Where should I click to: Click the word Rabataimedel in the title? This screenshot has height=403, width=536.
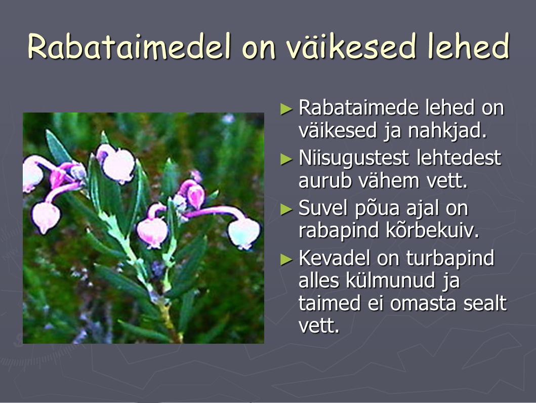tap(130, 46)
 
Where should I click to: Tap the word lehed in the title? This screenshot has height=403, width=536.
tap(468, 46)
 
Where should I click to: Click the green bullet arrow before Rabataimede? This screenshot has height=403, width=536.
tap(286, 109)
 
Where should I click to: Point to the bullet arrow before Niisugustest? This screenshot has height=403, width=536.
tap(286, 159)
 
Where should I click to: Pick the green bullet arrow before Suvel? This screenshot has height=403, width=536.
tap(286, 209)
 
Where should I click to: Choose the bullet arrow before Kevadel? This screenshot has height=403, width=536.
tap(286, 259)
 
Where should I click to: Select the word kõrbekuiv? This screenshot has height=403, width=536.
tap(432, 230)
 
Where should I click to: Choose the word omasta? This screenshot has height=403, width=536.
tap(423, 304)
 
